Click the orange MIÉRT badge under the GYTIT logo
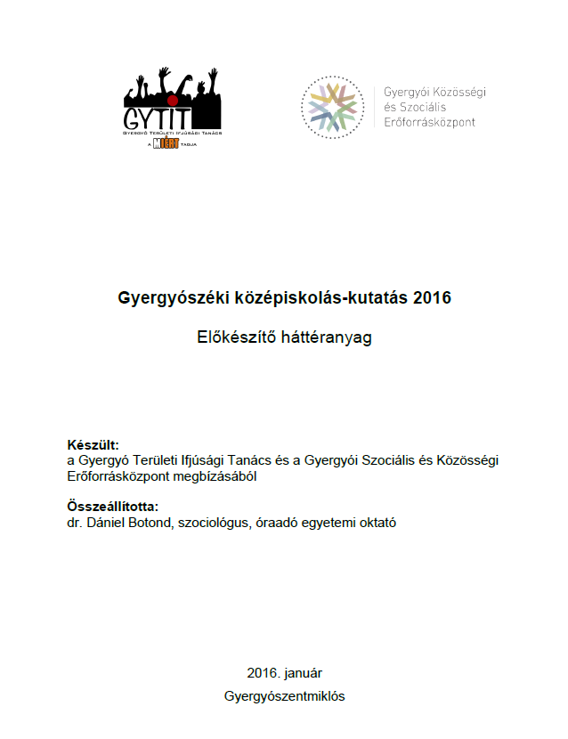pos(162,142)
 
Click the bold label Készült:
pos(93,445)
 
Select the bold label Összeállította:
pos(112,507)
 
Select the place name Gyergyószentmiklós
pos(285,696)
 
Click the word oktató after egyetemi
pos(375,523)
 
